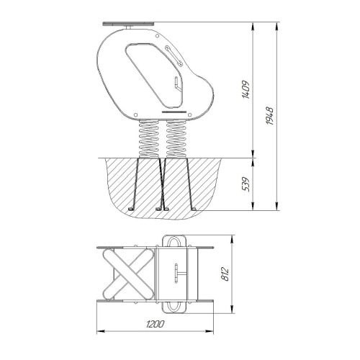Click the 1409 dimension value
pos(246,89)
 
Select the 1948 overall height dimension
pos(270,116)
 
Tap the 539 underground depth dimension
pos(246,184)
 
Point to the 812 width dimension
pos(225,274)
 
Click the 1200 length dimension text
pos(155,324)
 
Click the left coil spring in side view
pos(149,139)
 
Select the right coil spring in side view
pos(176,139)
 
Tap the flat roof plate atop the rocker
pos(128,24)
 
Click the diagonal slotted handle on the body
pos(174,56)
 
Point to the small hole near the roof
pos(157,36)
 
